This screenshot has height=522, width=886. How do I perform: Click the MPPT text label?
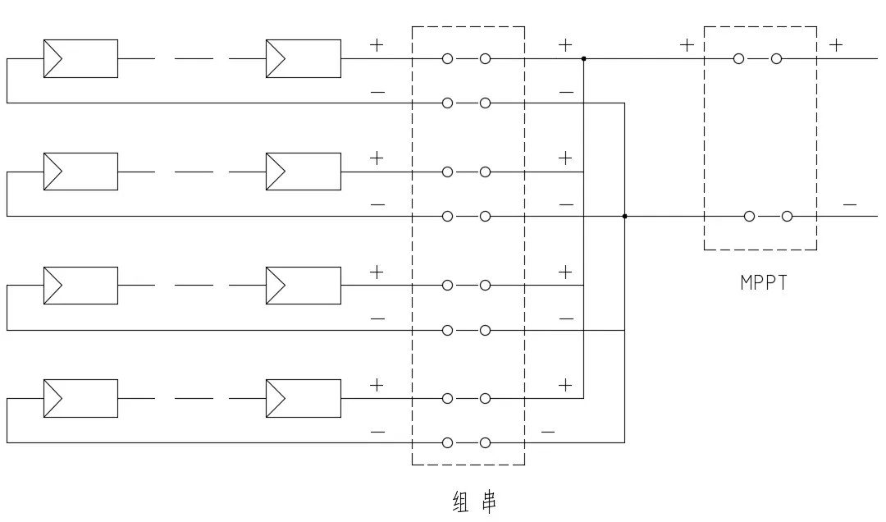[x=764, y=282]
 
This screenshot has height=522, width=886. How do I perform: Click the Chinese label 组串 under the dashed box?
[x=475, y=501]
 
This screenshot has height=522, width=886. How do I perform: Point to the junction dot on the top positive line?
[x=584, y=59]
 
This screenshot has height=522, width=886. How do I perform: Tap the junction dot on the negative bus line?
[x=624, y=216]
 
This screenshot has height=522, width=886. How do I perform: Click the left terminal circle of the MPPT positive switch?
[x=738, y=59]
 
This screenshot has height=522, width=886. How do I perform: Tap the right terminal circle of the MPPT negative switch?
[x=787, y=216]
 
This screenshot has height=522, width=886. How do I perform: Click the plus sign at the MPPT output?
[x=836, y=44]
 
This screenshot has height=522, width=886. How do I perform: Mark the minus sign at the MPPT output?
[x=850, y=204]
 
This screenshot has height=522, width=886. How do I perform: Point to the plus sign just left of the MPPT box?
[x=687, y=44]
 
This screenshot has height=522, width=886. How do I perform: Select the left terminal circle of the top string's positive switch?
[x=448, y=59]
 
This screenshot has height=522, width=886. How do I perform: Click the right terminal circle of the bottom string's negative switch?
[x=485, y=443]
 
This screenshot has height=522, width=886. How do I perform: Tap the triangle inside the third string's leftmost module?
[x=53, y=286]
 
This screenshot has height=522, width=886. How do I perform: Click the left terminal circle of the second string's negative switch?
[x=448, y=216]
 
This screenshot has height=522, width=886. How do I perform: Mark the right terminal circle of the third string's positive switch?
[x=485, y=286]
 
